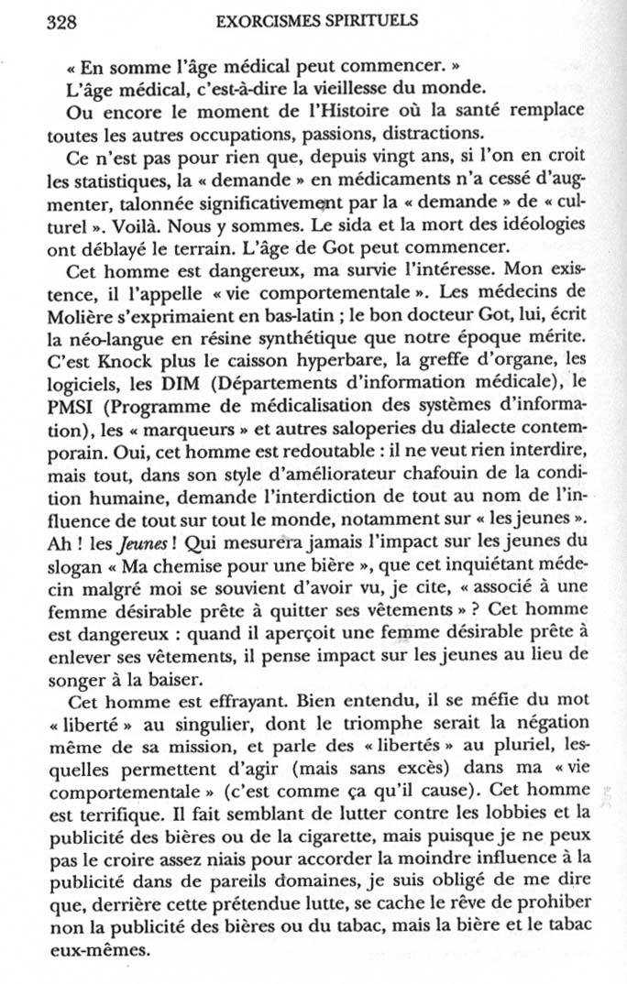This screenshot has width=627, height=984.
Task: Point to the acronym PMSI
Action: click(x=67, y=400)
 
